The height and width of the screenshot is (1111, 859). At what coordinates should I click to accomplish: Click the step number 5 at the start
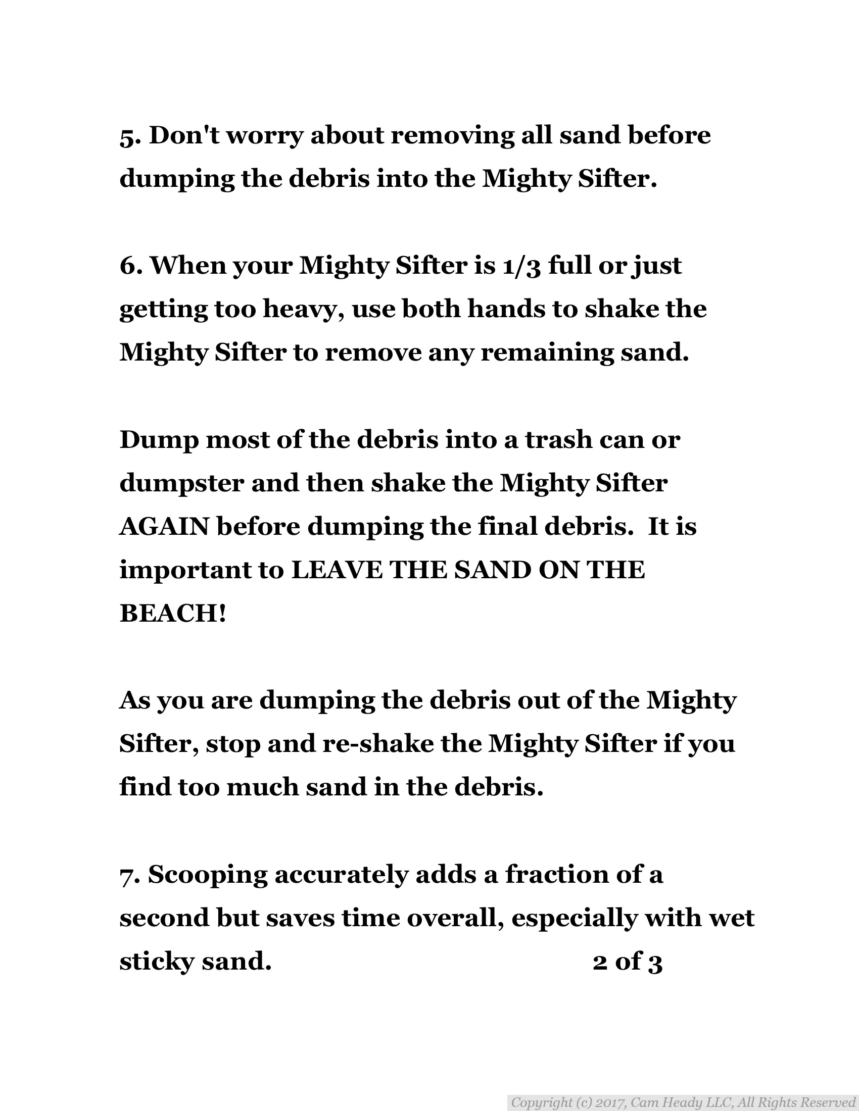(x=127, y=136)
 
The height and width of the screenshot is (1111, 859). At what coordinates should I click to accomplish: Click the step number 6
(x=127, y=266)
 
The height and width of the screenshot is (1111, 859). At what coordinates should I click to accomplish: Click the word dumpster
(x=181, y=483)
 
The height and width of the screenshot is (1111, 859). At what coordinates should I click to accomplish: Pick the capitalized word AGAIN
(x=164, y=527)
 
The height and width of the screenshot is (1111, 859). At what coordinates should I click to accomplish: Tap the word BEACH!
(x=172, y=614)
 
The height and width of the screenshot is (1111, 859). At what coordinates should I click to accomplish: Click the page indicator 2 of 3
(x=628, y=961)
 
